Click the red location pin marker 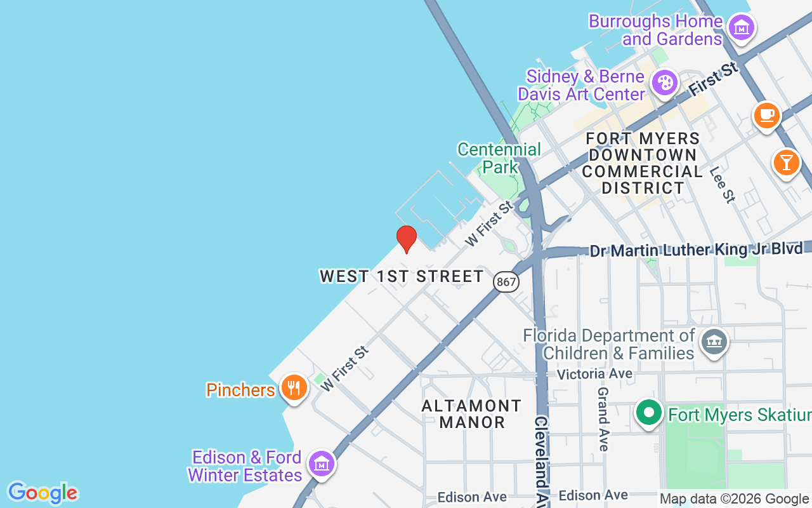tap(406, 239)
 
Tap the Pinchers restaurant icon tap(293, 387)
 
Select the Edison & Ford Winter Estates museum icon tap(322, 464)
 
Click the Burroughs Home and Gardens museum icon tap(740, 27)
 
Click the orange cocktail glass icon tap(786, 163)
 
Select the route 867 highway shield tap(506, 282)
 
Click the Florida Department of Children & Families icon tap(714, 342)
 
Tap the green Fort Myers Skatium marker tap(648, 413)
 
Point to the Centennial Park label tap(499, 158)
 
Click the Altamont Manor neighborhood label tap(472, 413)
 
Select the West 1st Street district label tap(402, 276)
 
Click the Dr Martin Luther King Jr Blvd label tap(697, 250)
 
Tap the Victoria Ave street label tap(594, 374)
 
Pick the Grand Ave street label tap(603, 419)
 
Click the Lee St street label tap(722, 185)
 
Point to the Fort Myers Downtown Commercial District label tap(642, 163)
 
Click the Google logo tap(43, 493)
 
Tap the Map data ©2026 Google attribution tap(734, 498)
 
